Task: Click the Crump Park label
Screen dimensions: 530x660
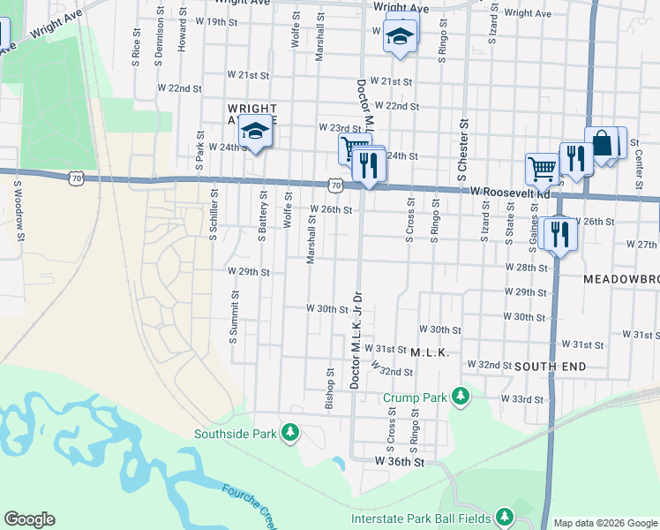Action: click(415, 397)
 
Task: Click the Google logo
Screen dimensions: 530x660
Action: click(29, 519)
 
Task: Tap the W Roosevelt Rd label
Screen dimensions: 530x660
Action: click(510, 192)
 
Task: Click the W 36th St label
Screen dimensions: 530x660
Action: click(400, 461)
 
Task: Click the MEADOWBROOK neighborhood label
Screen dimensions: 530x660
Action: click(621, 279)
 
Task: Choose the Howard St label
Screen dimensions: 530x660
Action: click(183, 31)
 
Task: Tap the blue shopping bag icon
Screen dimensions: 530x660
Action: click(603, 142)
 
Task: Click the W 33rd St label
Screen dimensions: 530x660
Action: click(522, 399)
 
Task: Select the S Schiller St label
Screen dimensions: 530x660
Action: click(214, 213)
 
